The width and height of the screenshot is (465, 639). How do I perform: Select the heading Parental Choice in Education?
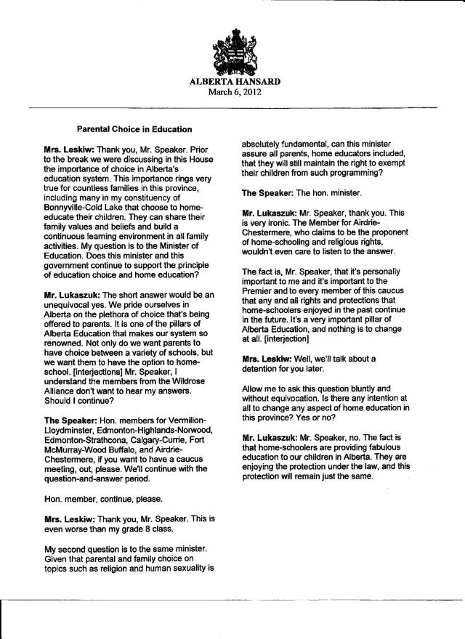pyautogui.click(x=134, y=130)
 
